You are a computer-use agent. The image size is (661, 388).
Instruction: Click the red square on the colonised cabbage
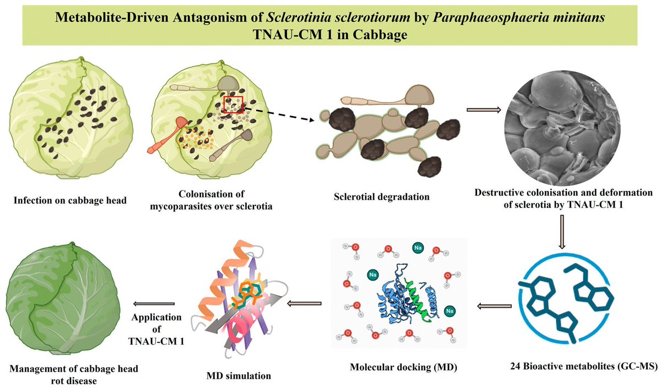[233, 105]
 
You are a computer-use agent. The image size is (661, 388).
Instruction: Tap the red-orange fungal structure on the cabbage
[169, 133]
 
